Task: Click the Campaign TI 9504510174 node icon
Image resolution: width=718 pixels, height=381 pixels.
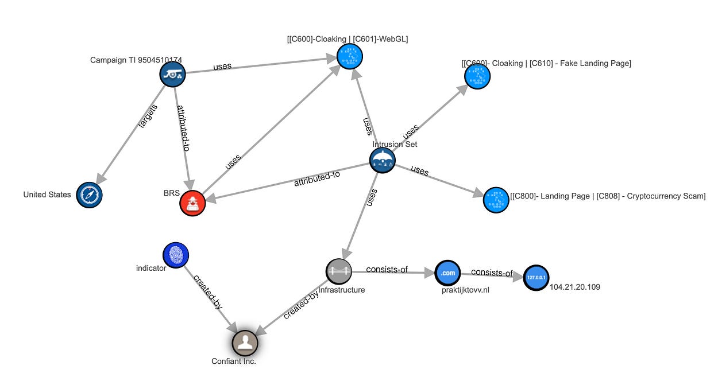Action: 172,74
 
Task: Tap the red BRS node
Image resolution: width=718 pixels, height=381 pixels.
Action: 192,203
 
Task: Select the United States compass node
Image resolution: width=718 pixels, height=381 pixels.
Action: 88,195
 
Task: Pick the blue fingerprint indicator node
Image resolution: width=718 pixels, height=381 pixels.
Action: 175,255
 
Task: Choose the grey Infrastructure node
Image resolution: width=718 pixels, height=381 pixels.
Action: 338,271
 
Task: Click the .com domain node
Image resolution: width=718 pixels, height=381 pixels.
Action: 448,273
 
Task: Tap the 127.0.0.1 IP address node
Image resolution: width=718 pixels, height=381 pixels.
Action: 536,278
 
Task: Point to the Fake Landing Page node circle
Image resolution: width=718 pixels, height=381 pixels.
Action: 477,76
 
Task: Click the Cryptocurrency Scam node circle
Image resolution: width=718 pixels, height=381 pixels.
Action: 496,200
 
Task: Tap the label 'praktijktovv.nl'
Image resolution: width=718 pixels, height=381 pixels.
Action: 462,290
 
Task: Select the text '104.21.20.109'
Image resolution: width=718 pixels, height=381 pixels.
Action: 574,287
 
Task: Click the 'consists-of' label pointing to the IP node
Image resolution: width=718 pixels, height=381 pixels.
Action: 492,273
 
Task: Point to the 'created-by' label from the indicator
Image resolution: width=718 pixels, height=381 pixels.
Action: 208,292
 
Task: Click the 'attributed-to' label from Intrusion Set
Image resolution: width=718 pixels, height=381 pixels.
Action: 317,179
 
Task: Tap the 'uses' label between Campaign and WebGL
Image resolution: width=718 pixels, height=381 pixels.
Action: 222,66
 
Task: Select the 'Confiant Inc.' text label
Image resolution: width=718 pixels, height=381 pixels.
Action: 234,361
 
